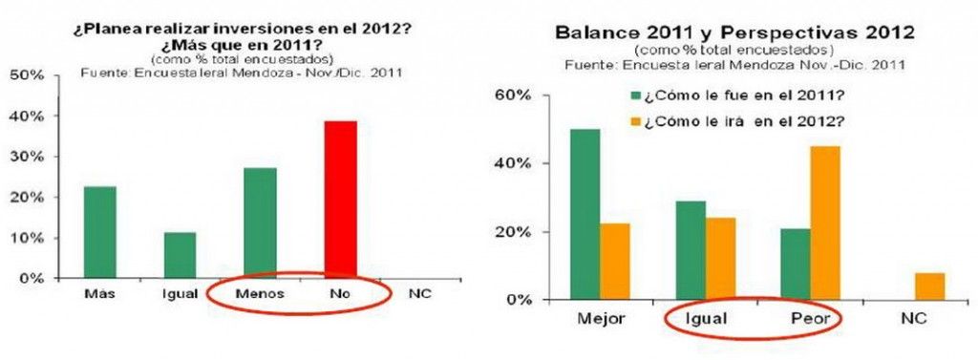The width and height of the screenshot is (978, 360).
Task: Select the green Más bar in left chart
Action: tap(100, 232)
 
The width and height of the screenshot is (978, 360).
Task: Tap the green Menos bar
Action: tap(261, 222)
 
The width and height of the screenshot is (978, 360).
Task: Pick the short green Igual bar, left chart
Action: tap(180, 255)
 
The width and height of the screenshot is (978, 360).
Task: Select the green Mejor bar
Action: tap(585, 214)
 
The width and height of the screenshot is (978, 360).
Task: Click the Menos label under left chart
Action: tap(261, 295)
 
